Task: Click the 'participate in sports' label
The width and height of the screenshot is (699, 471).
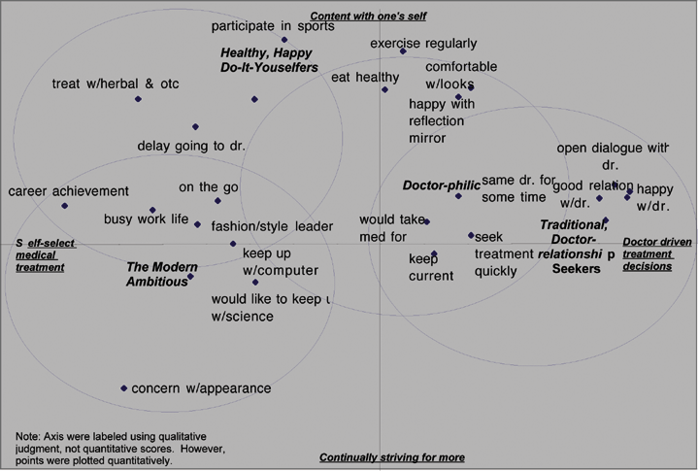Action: tap(273, 26)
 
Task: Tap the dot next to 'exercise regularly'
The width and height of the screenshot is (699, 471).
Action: tap(403, 51)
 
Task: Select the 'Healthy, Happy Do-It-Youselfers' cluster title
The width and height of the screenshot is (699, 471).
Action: tap(269, 59)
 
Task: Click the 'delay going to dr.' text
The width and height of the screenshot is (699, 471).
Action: tap(191, 146)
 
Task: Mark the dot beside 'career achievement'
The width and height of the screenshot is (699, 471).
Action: tap(64, 206)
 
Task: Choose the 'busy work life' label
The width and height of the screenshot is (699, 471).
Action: tap(146, 219)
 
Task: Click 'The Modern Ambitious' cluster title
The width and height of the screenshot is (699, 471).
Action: tap(162, 274)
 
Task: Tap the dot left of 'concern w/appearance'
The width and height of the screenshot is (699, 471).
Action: tap(124, 388)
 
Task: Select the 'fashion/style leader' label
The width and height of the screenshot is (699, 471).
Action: tap(272, 226)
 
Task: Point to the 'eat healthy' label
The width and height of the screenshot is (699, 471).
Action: tap(365, 78)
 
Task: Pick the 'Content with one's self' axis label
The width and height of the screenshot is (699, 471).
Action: tap(368, 16)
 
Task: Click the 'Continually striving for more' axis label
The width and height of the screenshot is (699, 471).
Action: tap(392, 457)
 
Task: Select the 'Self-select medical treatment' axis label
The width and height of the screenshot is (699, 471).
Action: tap(45, 254)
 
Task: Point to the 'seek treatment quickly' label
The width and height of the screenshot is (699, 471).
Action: tap(503, 253)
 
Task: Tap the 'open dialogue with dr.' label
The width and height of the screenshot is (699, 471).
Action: tap(613, 156)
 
